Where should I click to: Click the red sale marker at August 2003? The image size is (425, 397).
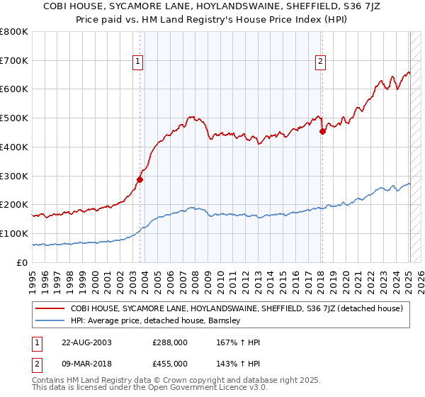tap(140, 179)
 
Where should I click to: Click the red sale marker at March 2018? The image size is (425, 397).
tap(322, 131)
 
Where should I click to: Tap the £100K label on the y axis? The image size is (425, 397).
tap(14, 233)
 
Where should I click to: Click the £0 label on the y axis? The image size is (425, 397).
tap(22, 262)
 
